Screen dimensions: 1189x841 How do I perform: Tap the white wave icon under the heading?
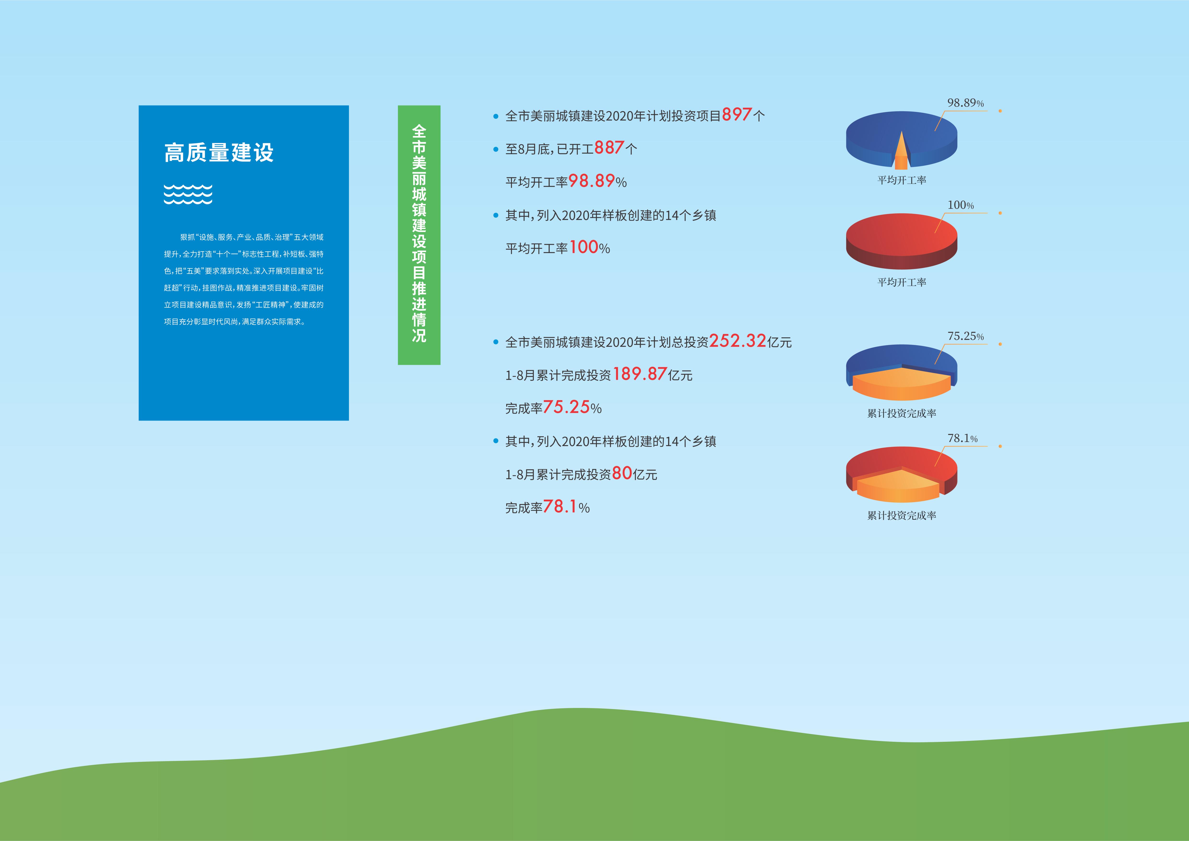pos(188,194)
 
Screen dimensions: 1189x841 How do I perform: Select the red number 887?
pos(609,148)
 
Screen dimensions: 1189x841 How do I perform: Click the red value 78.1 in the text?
pos(560,506)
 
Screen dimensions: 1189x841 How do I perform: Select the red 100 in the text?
pos(584,247)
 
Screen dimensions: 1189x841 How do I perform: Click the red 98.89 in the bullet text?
pos(592,181)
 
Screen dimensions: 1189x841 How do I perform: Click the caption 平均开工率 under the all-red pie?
pos(902,282)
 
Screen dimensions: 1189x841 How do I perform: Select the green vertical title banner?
pos(419,235)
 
